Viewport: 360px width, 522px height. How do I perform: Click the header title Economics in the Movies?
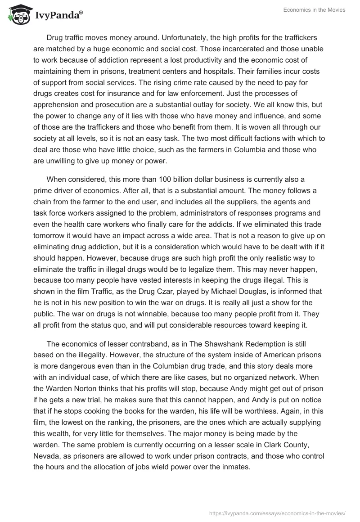(x=315, y=10)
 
